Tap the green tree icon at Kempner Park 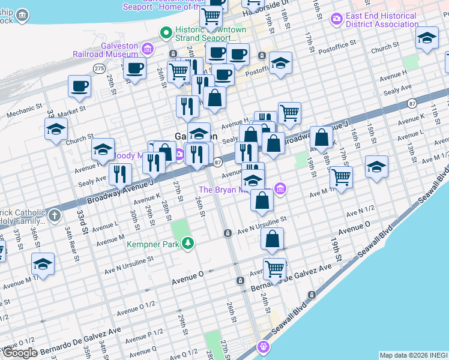[x=188, y=243]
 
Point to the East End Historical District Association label [x=381, y=20]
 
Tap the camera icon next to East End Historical [x=336, y=20]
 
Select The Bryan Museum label [x=232, y=190]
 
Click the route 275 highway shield [x=99, y=68]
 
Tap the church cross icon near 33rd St [x=55, y=214]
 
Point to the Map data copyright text [x=413, y=355]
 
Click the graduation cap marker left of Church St [x=56, y=129]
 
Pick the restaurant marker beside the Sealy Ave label [x=120, y=174]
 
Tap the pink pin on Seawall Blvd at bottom [x=262, y=346]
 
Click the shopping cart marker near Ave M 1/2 [x=341, y=177]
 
